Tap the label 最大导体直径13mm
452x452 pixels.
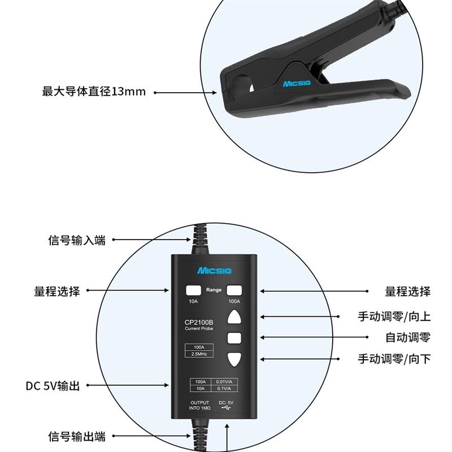(94, 92)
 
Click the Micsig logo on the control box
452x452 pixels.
(213, 271)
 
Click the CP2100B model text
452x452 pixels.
(198, 324)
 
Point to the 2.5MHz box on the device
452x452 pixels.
(199, 355)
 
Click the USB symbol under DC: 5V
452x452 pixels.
(227, 408)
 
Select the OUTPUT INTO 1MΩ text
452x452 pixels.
(199, 405)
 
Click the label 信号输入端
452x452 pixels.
(77, 240)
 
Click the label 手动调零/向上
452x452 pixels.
(394, 316)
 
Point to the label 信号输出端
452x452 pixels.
(77, 437)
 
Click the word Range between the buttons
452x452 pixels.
(214, 290)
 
